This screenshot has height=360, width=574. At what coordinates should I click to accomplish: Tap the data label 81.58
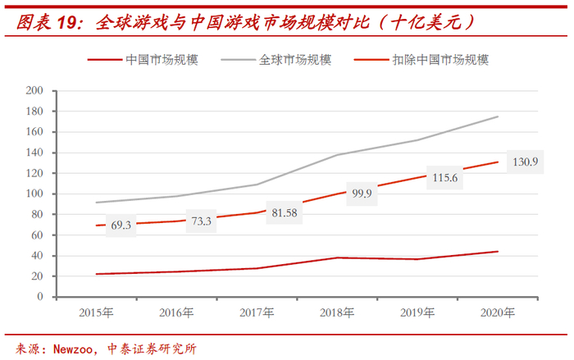click(x=284, y=213)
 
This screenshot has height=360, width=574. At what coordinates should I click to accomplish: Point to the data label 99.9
click(x=362, y=194)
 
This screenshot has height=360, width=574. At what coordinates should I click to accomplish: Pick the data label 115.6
click(x=446, y=177)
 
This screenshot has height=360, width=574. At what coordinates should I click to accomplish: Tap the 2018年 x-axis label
click(x=336, y=312)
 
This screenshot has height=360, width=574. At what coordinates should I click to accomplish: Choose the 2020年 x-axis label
click(x=498, y=312)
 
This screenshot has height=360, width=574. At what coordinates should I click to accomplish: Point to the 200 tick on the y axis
click(x=34, y=90)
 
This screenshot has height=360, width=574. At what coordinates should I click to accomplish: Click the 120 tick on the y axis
click(x=34, y=173)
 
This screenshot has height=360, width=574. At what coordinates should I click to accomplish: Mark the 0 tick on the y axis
click(x=39, y=297)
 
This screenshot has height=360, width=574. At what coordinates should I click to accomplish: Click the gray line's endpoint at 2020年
click(x=498, y=116)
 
